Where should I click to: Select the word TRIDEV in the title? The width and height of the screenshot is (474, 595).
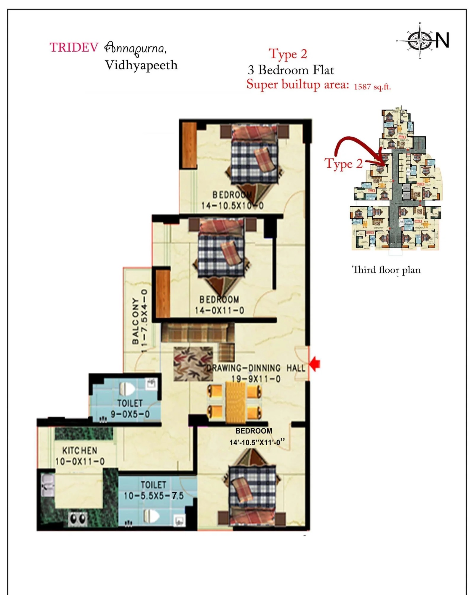pyautogui.click(x=74, y=48)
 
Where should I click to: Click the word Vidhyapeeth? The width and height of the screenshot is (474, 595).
pyautogui.click(x=141, y=65)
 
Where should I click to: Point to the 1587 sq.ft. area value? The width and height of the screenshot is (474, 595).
pyautogui.click(x=372, y=87)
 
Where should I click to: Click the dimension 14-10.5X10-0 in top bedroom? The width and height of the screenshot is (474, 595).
pyautogui.click(x=232, y=205)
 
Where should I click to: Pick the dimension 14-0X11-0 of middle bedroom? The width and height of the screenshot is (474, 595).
pyautogui.click(x=219, y=310)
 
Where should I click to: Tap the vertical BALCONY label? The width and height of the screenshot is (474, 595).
pyautogui.click(x=136, y=321)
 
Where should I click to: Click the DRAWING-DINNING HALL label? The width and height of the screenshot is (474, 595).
pyautogui.click(x=256, y=368)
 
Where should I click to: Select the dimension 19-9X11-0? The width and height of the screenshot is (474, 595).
pyautogui.click(x=256, y=379)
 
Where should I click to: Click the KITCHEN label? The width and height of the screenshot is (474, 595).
pyautogui.click(x=79, y=451)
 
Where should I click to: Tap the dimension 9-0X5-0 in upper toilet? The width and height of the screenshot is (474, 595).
pyautogui.click(x=130, y=414)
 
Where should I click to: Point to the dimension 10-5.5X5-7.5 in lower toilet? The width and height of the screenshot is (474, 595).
pyautogui.click(x=153, y=496)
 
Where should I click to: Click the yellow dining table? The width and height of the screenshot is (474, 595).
pyautogui.click(x=235, y=402)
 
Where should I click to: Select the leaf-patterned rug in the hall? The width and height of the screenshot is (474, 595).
pyautogui.click(x=193, y=364)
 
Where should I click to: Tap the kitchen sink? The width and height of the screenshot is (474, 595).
pyautogui.click(x=47, y=485)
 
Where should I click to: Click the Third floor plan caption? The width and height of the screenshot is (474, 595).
pyautogui.click(x=386, y=270)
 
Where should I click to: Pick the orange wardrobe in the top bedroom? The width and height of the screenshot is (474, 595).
pyautogui.click(x=189, y=145)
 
